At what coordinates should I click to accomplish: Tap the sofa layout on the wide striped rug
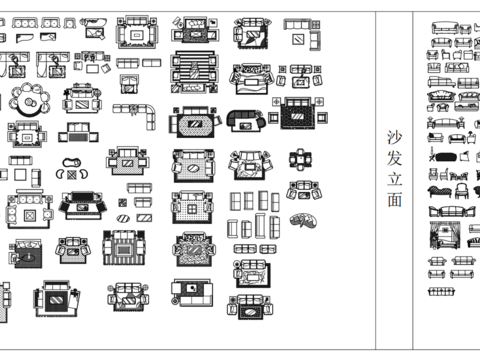pyautogui.click(x=190, y=71)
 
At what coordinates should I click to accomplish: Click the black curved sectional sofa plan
pyautogui.click(x=243, y=120)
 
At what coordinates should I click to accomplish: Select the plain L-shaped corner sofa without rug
pyautogui.click(x=143, y=112)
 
